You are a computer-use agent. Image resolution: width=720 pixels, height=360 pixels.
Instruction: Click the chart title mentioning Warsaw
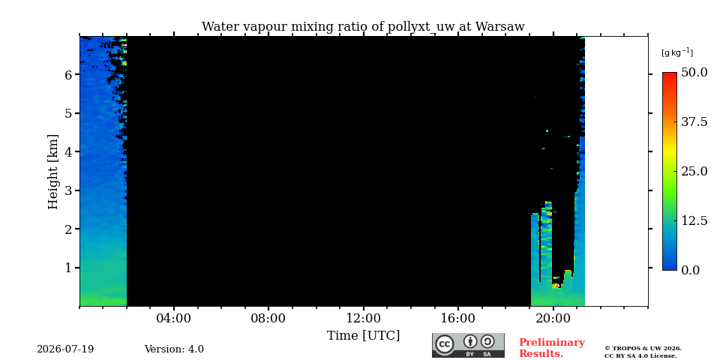pyautogui.click(x=363, y=27)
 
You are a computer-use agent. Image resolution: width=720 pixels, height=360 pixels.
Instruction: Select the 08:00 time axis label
pyautogui.click(x=268, y=318)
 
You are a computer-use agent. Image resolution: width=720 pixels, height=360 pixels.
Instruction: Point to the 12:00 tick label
pyautogui.click(x=363, y=318)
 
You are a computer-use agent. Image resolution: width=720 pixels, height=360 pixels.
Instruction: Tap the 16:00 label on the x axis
pyautogui.click(x=458, y=318)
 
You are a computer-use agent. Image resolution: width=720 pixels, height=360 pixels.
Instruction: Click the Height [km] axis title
pyautogui.click(x=53, y=172)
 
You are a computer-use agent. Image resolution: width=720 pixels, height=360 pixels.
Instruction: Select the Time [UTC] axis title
pyautogui.click(x=363, y=336)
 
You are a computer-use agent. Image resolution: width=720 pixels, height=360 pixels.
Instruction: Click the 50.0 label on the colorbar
pyautogui.click(x=694, y=73)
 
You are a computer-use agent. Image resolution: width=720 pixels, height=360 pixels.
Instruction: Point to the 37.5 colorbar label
pyautogui.click(x=694, y=121)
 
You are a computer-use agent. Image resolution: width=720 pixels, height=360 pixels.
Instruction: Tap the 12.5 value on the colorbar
pyautogui.click(x=694, y=220)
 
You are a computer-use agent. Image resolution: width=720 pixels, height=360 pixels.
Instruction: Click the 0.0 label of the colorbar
pyautogui.click(x=691, y=270)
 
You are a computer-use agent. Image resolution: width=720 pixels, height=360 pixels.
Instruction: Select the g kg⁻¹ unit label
pyautogui.click(x=677, y=52)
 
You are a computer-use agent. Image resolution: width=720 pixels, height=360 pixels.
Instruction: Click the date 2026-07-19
pyautogui.click(x=65, y=349)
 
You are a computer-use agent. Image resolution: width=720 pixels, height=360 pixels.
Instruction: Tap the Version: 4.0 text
pyautogui.click(x=174, y=349)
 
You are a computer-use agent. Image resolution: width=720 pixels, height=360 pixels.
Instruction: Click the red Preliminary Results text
pyautogui.click(x=552, y=348)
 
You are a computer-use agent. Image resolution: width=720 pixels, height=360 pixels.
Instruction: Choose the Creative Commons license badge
pyautogui.click(x=468, y=345)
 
